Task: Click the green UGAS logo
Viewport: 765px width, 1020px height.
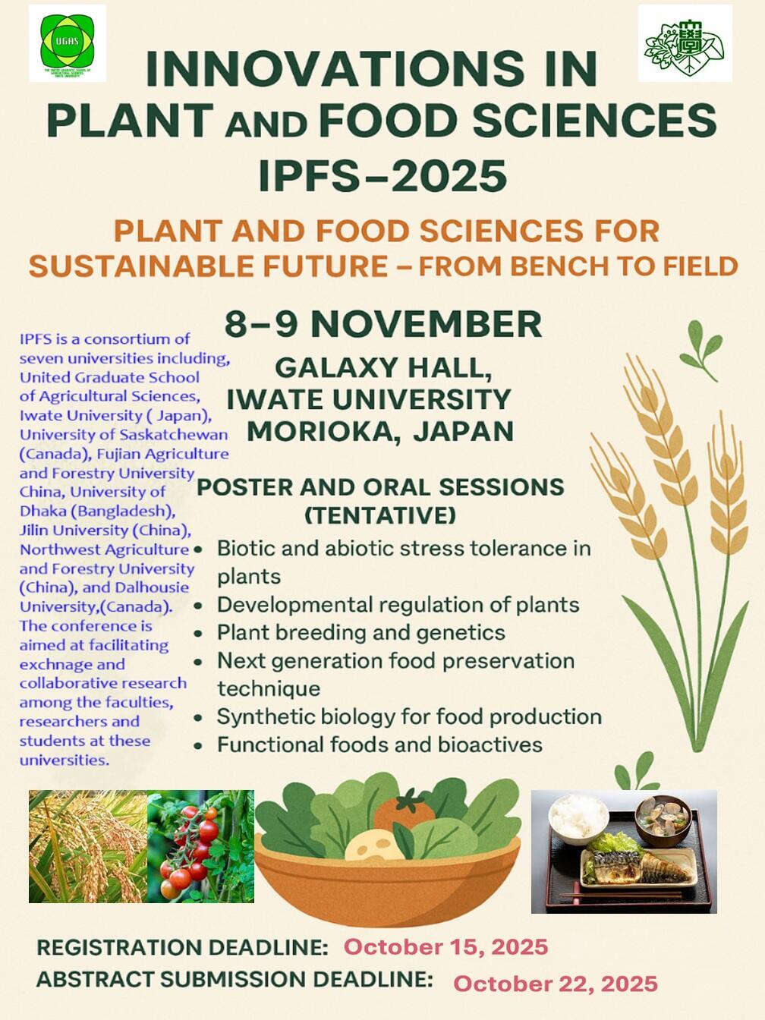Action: point(68,42)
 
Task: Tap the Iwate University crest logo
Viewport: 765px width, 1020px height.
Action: point(685,43)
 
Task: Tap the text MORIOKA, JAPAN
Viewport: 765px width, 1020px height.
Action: point(380,431)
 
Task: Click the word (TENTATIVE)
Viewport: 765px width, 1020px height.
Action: point(380,515)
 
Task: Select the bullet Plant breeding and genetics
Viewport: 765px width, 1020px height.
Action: point(361,632)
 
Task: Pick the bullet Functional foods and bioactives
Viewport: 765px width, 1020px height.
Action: point(379,745)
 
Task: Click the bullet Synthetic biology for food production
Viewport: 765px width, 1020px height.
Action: point(409,716)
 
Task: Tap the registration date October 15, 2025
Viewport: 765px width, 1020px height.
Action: point(446,946)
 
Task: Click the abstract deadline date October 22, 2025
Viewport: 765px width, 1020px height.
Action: point(556,984)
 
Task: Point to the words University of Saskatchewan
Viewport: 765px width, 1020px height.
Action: point(124,435)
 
